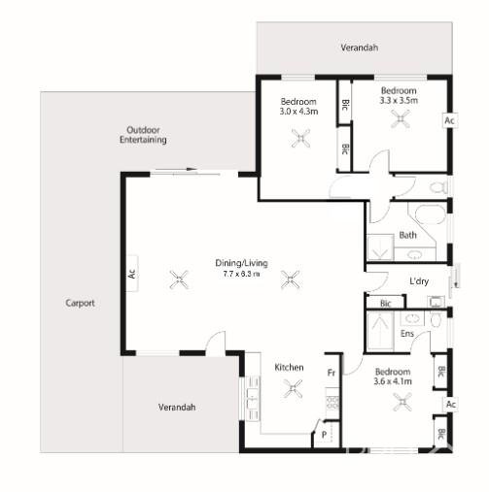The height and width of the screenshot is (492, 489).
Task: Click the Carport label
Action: pos(80,303)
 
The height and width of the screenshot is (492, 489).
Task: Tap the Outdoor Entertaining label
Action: pos(143,135)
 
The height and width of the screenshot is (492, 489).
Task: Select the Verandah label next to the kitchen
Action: pos(177,408)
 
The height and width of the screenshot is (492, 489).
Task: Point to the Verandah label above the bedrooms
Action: pos(359,48)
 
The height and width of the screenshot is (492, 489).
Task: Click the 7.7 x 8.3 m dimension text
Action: pos(241,275)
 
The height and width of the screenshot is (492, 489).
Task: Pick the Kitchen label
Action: pos(289,368)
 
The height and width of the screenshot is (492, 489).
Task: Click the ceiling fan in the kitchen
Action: pos(292,390)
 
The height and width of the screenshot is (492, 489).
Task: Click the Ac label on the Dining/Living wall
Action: pos(132,274)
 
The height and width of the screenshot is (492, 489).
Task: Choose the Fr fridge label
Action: pos(331,372)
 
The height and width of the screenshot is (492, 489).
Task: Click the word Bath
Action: pos(408,236)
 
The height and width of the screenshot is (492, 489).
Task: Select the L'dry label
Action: pos(419,281)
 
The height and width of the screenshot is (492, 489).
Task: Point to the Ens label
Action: pos(407,335)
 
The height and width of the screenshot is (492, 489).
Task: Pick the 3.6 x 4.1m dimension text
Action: pos(393,382)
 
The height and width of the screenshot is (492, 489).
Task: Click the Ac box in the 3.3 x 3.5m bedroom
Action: pos(448,121)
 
